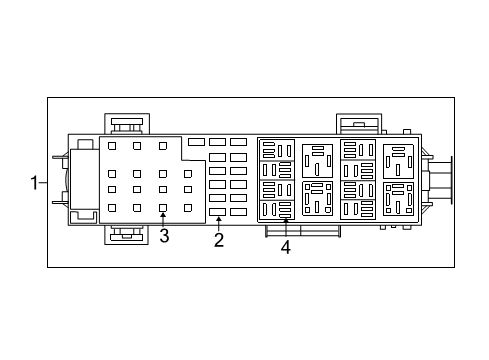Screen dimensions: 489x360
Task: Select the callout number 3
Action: pyautogui.click(x=164, y=236)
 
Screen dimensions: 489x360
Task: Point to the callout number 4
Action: pyautogui.click(x=285, y=247)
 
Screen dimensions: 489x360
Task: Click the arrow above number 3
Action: pyautogui.click(x=163, y=216)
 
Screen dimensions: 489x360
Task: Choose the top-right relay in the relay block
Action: pyautogui.click(x=397, y=160)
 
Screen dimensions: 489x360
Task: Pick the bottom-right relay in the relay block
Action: pyautogui.click(x=397, y=199)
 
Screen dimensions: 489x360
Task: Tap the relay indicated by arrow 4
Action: pyautogui.click(x=277, y=200)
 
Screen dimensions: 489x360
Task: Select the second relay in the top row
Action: pyautogui.click(x=317, y=158)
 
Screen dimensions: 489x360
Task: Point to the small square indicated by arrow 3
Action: pyautogui.click(x=163, y=207)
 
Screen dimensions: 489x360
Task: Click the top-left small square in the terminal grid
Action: pyautogui.click(x=112, y=146)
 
